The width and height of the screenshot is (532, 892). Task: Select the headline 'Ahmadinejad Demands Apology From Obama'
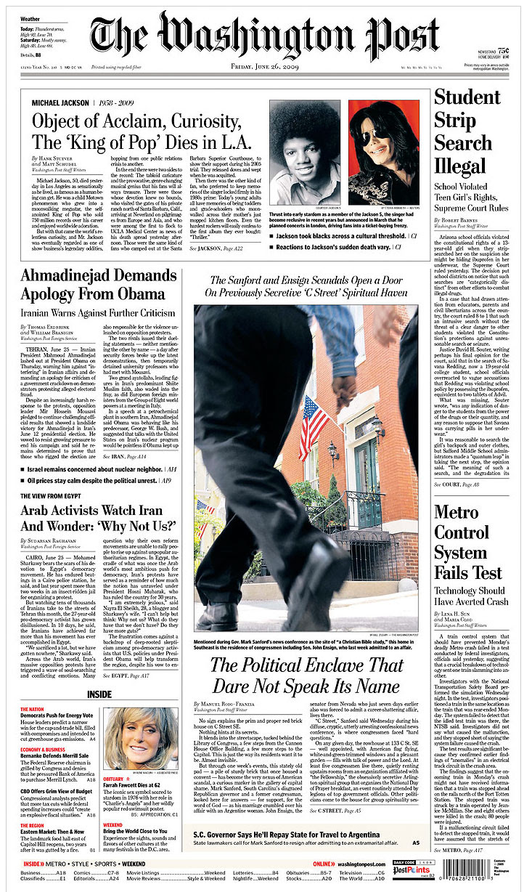[93, 285]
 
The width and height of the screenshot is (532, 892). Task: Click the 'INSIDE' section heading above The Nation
[99, 694]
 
